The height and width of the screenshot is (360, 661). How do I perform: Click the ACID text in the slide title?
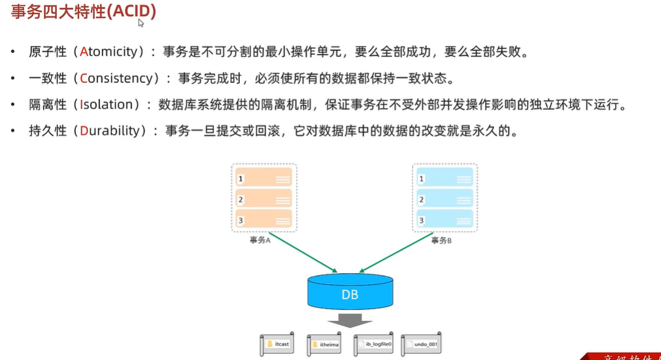[x=134, y=12]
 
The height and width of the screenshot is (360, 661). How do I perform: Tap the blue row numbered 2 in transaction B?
[x=445, y=199]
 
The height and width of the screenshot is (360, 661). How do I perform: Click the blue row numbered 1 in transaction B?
[x=445, y=178]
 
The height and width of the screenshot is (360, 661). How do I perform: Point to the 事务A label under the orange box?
[x=260, y=240]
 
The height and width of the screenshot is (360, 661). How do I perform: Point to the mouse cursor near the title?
[x=141, y=23]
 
